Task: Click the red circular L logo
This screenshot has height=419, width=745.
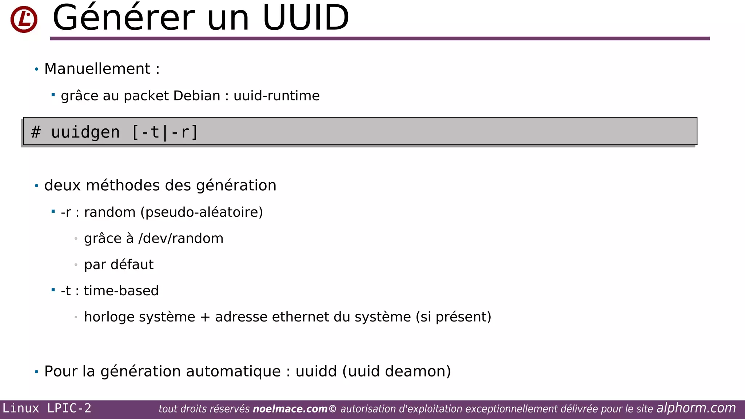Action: point(24,19)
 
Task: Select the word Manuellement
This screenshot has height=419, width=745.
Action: point(97,69)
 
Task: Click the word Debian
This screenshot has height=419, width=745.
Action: point(197,96)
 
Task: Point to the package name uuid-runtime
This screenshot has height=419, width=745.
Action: point(276,96)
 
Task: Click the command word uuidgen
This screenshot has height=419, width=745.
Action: point(85,132)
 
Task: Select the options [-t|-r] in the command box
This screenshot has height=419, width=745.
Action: point(165,132)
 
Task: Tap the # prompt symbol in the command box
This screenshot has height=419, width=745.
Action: point(36,132)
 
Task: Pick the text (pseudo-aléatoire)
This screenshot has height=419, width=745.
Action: point(202,212)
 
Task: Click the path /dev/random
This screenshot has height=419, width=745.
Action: point(181,239)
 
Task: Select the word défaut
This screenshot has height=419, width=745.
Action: point(132,264)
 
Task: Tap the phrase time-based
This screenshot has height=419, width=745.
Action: point(121,291)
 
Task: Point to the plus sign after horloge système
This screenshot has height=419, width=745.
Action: point(205,317)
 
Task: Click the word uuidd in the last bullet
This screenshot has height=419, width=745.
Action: point(316,371)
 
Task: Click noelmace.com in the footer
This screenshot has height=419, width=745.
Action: point(290,409)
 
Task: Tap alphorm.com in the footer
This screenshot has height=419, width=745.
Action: point(696,408)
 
